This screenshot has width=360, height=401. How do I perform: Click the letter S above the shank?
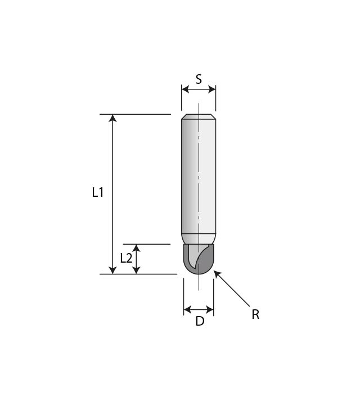pos(199,80)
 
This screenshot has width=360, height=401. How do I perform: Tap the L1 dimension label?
pos(98,192)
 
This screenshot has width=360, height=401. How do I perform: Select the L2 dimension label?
pos(127,258)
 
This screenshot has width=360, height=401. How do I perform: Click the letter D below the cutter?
pos(199,322)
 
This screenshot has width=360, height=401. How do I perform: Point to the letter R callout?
pos(255,315)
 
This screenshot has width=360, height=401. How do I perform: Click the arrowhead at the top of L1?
pos(112,118)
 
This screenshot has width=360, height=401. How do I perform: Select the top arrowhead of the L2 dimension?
pos(136,248)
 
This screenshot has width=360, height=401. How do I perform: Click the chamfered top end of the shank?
pos(199,117)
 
